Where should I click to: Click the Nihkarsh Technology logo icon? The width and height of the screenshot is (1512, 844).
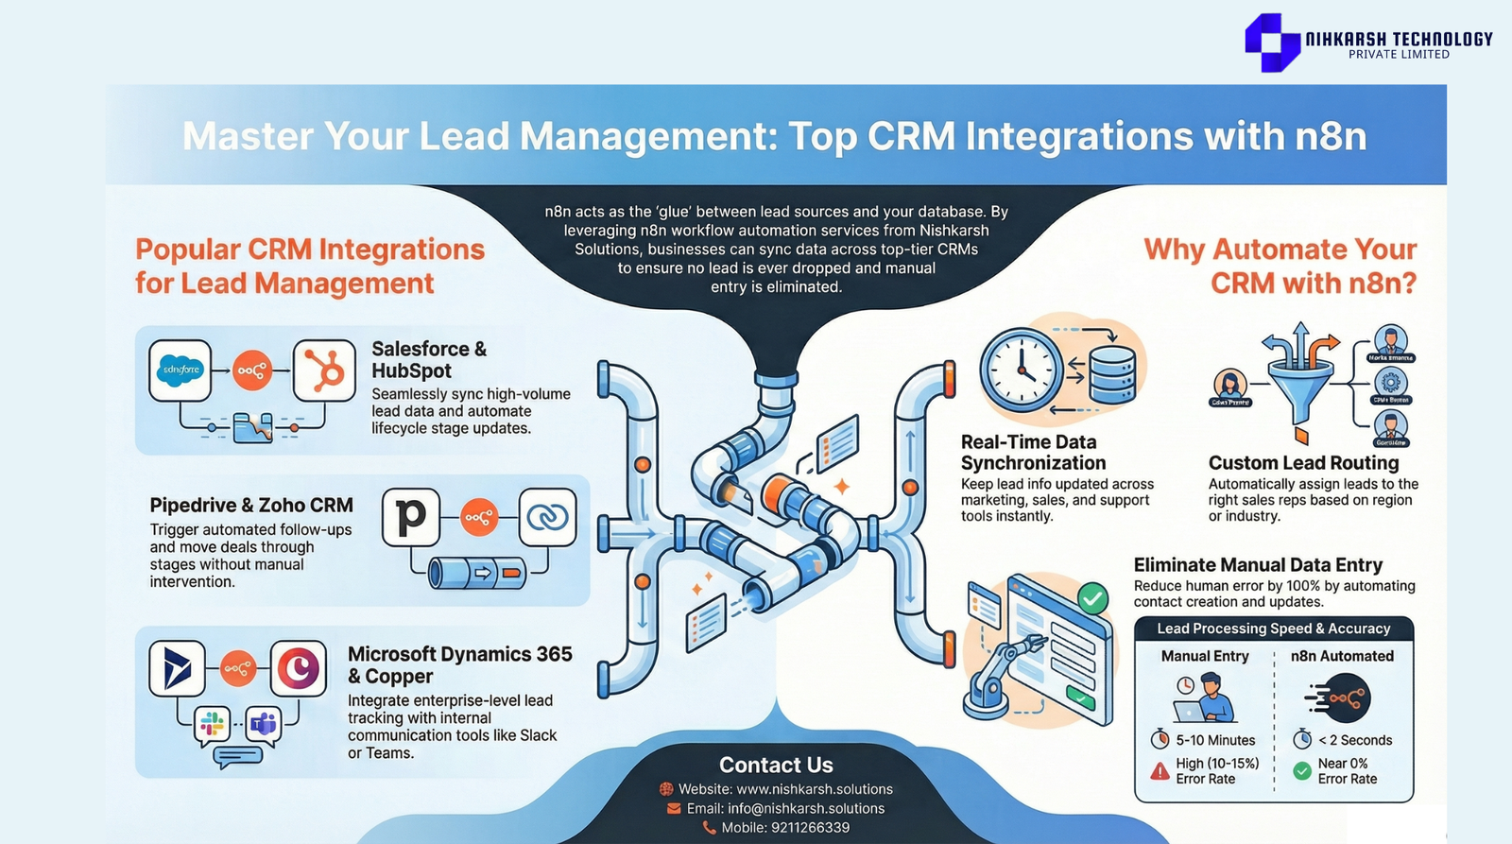coord(1272,43)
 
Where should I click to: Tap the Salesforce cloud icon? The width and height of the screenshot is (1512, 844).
coord(180,370)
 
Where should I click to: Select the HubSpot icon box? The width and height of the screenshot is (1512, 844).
coord(324,370)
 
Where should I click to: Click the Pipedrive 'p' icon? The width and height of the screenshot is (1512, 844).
coord(411,517)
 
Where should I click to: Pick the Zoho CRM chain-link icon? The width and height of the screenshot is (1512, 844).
coord(547,517)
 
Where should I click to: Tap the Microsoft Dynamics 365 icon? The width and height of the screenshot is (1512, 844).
coord(178,669)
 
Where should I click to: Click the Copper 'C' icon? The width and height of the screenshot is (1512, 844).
coord(299,669)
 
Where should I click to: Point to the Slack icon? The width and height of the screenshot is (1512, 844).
coord(212,725)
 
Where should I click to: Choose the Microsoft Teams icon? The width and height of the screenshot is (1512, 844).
coord(263,725)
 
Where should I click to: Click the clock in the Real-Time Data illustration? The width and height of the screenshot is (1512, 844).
coord(1022,370)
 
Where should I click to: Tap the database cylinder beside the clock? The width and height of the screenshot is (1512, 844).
coord(1112,373)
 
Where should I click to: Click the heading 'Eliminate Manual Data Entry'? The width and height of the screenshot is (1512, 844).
coord(1258,565)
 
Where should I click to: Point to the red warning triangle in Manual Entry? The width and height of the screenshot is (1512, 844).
coord(1160,771)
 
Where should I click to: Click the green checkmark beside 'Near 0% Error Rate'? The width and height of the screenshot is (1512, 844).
coord(1302,771)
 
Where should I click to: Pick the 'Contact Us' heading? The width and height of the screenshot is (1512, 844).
coord(776,765)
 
